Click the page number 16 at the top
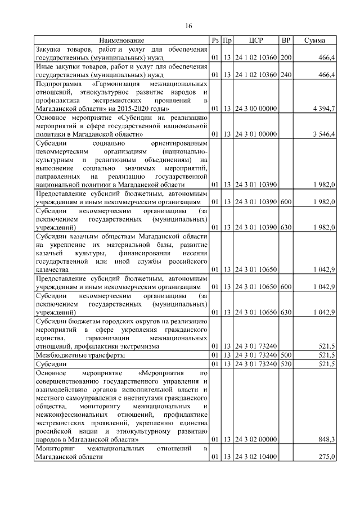point(189,26)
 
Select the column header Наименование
point(122,40)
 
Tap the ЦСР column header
point(256,40)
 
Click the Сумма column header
point(314,40)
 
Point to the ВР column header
point(286,40)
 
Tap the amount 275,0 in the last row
point(327,457)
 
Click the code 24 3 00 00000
point(255,108)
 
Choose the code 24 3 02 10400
point(255,457)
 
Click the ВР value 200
point(286,57)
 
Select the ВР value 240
point(286,74)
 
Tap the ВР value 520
point(286,364)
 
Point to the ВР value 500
point(286,355)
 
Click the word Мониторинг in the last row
point(55,448)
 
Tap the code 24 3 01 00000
point(255,134)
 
